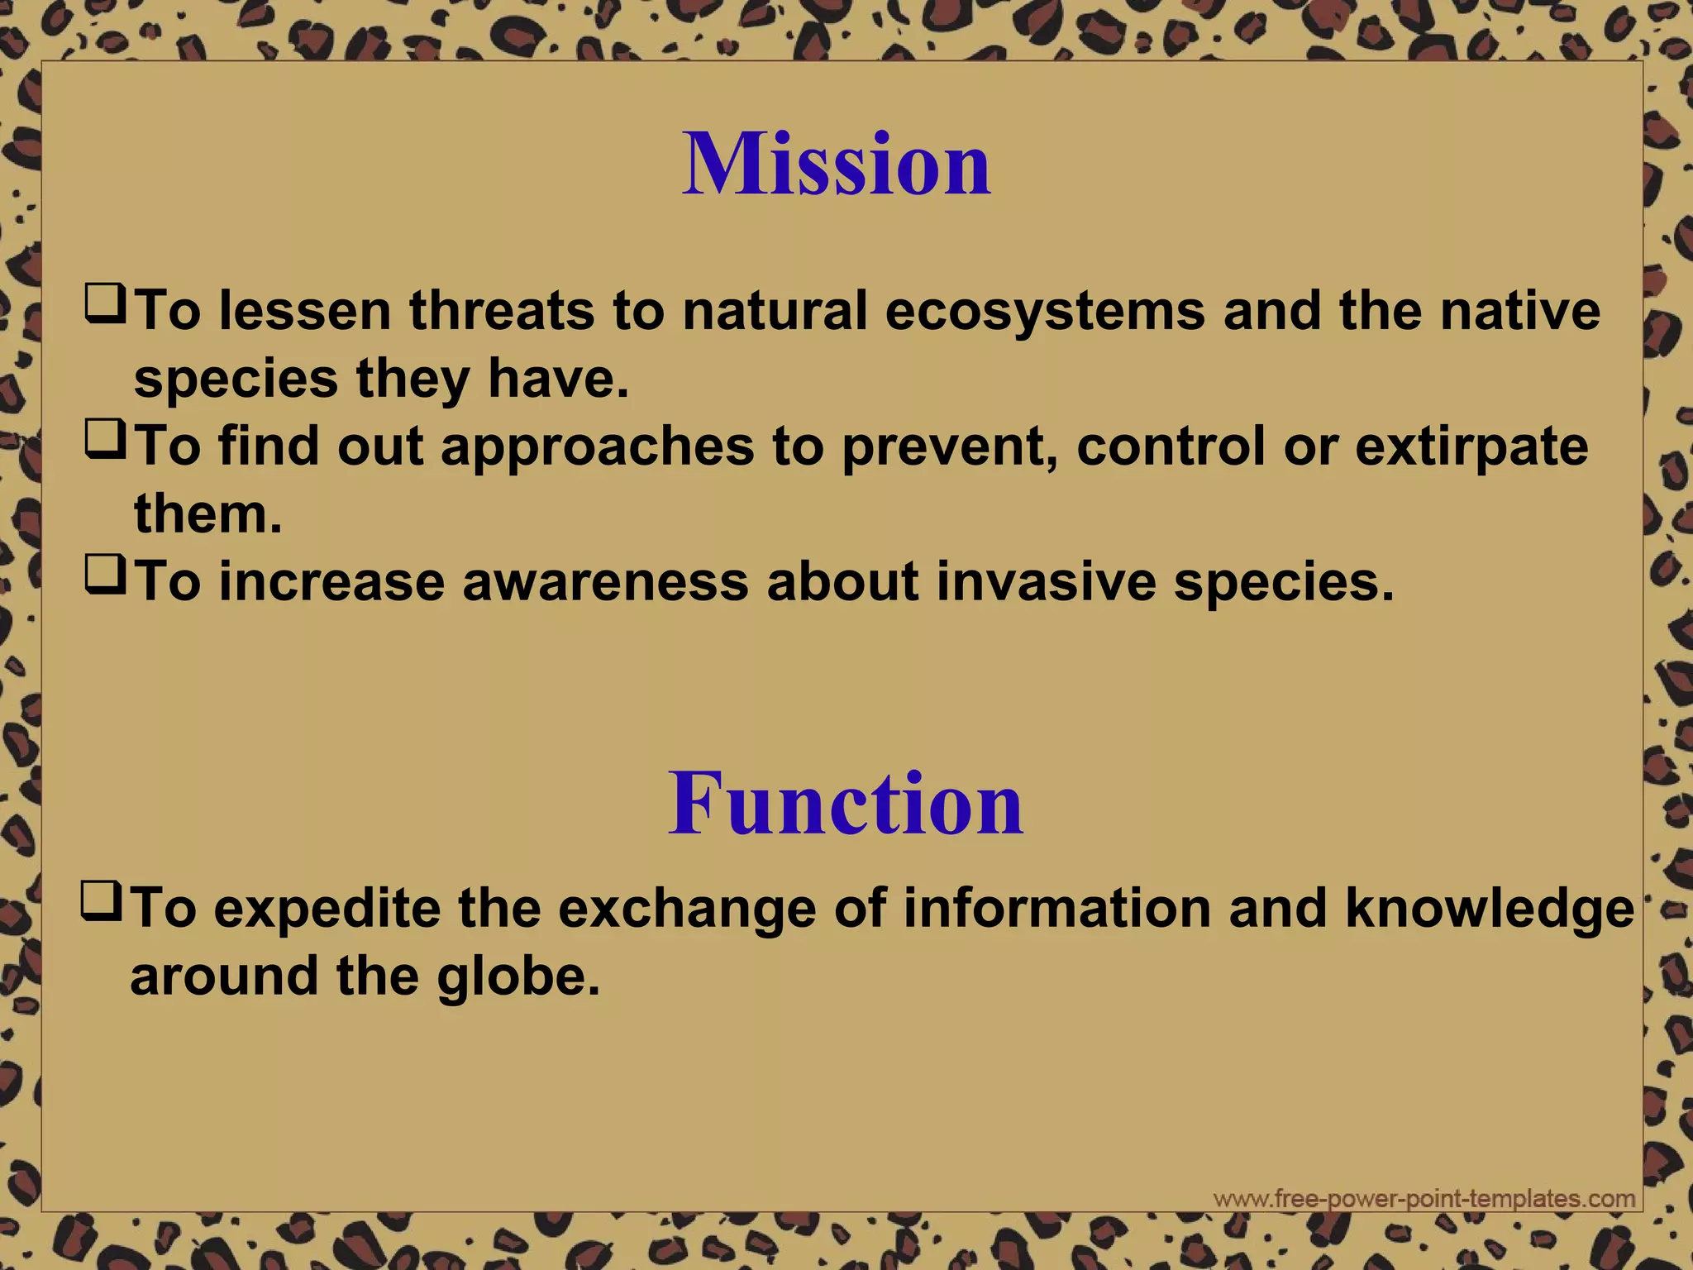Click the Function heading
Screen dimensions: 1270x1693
(x=845, y=804)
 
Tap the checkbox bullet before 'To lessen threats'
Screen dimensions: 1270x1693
(x=105, y=303)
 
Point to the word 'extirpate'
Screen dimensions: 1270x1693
(x=1471, y=446)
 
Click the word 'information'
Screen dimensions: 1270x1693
(x=1056, y=909)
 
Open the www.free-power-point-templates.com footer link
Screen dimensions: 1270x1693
(x=1424, y=1199)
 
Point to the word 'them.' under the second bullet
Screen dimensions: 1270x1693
(x=208, y=514)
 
